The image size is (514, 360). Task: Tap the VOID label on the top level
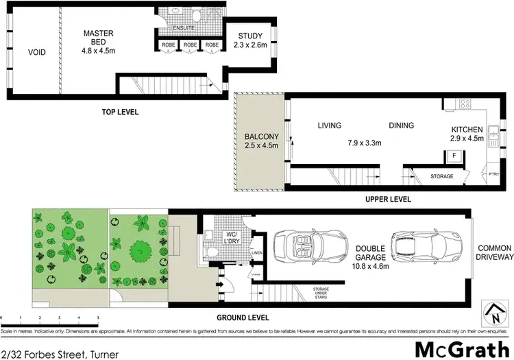point(36,51)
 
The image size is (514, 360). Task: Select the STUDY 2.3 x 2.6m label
point(252,40)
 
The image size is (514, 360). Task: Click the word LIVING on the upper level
point(329,125)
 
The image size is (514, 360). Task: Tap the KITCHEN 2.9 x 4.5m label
point(467,134)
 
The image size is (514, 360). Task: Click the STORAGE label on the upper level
point(441,176)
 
